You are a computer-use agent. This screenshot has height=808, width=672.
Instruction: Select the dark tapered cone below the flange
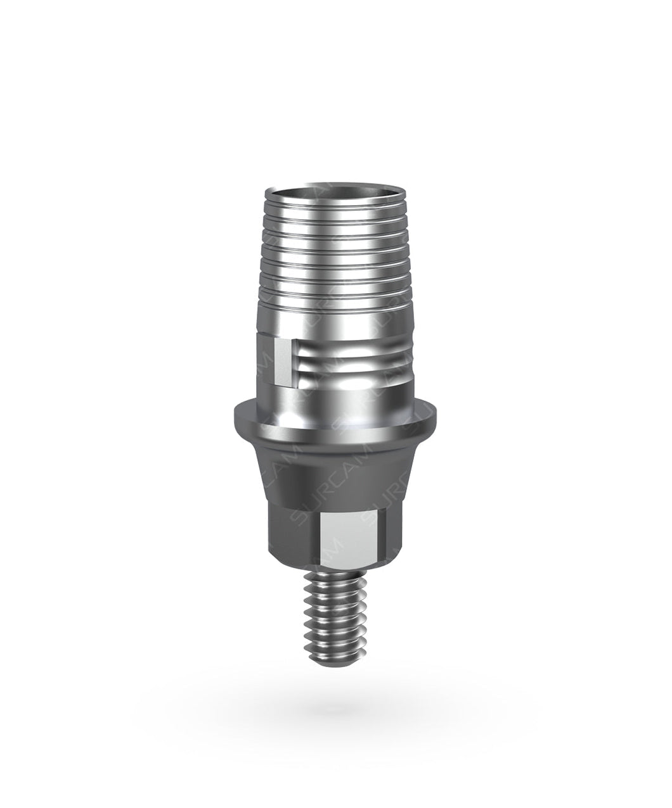tap(334, 465)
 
